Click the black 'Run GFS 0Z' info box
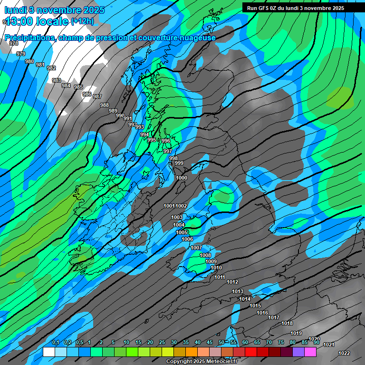pos(302,8)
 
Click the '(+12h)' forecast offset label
pos(82,21)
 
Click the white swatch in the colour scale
pos(48,352)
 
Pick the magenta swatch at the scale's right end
pos(310,352)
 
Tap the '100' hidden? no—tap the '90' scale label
pos(317,343)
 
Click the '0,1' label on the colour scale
pos(55,343)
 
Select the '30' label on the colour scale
pos(174,343)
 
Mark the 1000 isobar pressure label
pos(182,178)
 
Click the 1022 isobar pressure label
pos(344,353)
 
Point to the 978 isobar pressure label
pos(14,43)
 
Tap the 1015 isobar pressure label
pos(256,306)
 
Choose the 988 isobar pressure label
pos(105,105)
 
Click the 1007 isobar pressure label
pos(196,248)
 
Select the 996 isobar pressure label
pos(166,141)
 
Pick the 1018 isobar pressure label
pos(287,323)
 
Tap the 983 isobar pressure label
pos(57,80)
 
